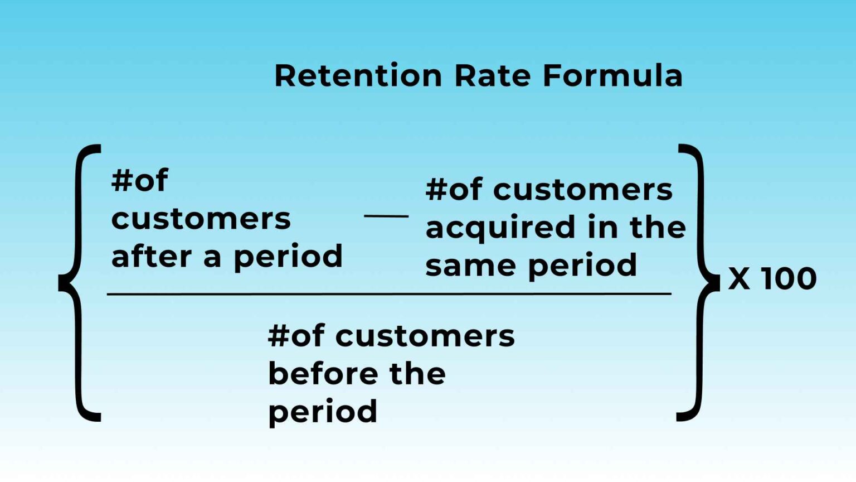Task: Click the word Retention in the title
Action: tap(358, 76)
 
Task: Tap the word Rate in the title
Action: tap(492, 76)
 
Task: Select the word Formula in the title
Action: tap(612, 76)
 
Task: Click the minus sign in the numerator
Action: tap(386, 216)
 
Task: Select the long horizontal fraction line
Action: tap(388, 293)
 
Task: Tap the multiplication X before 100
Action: tap(739, 278)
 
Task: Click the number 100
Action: tap(789, 278)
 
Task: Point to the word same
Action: tap(470, 266)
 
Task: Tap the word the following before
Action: tap(417, 373)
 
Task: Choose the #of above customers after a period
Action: tap(139, 181)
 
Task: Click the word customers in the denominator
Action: tap(425, 336)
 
